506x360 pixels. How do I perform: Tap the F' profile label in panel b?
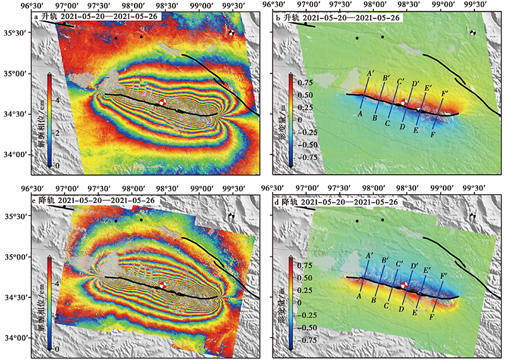click(x=445, y=94)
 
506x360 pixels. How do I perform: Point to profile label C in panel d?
click(x=387, y=306)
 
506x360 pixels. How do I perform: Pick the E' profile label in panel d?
click(x=428, y=270)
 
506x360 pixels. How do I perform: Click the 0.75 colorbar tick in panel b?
click(x=306, y=83)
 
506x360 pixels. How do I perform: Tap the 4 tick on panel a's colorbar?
click(x=56, y=100)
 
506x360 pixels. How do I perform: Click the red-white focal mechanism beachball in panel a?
click(x=163, y=102)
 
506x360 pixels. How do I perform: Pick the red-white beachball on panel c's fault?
click(x=163, y=286)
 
